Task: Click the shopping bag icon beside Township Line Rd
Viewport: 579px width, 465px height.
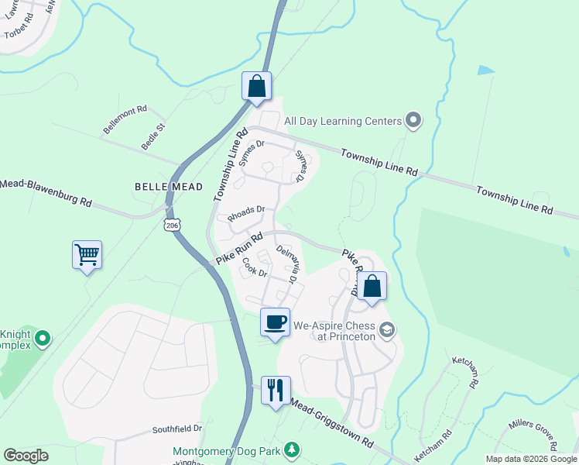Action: point(257,87)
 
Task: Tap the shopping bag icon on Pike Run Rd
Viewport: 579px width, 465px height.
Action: point(372,286)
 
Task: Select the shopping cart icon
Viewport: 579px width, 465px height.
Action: point(87,254)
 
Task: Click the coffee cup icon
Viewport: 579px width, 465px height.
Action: point(275,322)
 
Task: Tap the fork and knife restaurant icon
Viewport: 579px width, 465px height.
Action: point(275,390)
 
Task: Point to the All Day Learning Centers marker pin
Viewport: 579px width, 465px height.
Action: point(413,120)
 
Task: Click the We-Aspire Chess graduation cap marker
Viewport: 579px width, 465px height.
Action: point(388,331)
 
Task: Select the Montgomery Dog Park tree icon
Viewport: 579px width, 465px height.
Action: point(291,450)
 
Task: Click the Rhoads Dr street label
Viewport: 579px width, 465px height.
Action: point(246,209)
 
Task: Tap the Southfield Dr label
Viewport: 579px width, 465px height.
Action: point(176,428)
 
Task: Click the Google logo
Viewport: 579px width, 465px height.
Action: point(26,456)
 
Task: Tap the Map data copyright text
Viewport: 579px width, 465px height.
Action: point(530,459)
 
